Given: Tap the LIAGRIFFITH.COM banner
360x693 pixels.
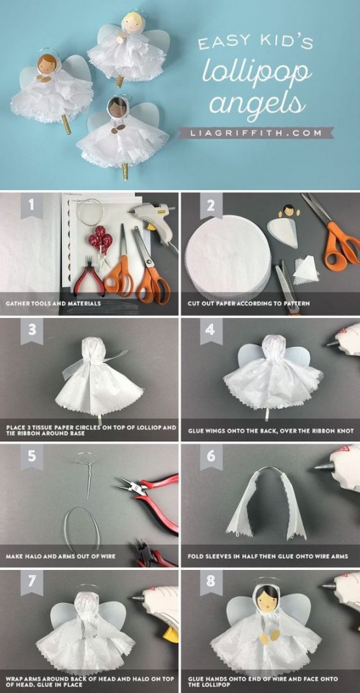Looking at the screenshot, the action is tap(255, 132).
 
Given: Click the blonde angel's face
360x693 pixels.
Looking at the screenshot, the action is tap(131, 24).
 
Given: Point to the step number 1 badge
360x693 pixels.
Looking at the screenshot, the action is tap(32, 205).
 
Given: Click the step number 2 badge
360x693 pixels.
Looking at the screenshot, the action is tap(211, 205).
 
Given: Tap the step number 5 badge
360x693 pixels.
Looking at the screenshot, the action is tap(32, 456).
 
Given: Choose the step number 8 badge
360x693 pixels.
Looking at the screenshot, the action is tap(211, 581).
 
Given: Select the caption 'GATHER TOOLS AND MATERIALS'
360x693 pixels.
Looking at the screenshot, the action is tap(53, 304).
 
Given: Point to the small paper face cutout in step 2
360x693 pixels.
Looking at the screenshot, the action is tap(289, 210).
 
